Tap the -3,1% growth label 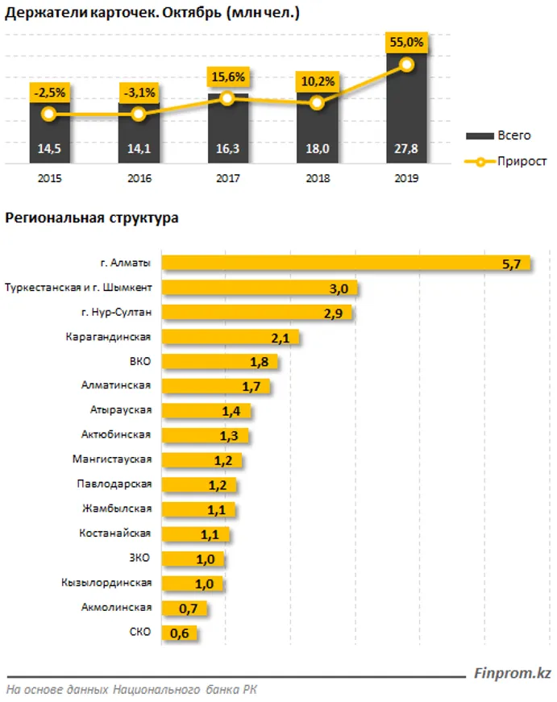pyautogui.click(x=139, y=92)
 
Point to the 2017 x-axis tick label pyautogui.click(x=227, y=181)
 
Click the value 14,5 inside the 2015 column pyautogui.click(x=49, y=148)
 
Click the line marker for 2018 pyautogui.click(x=318, y=103)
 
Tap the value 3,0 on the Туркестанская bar pyautogui.click(x=338, y=289)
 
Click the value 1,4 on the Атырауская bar pyautogui.click(x=231, y=411)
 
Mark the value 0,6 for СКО pyautogui.click(x=179, y=633)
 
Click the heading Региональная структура pyautogui.click(x=92, y=218)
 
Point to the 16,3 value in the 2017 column pyautogui.click(x=227, y=148)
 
